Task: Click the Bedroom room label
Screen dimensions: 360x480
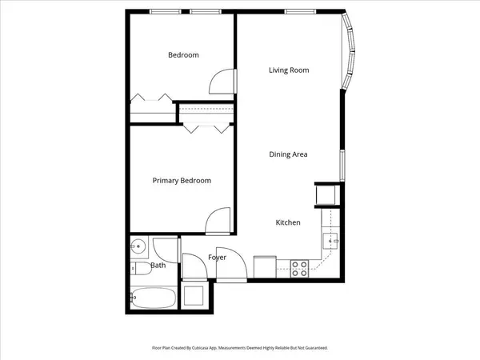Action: coord(183,55)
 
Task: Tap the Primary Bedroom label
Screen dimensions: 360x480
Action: coord(182,181)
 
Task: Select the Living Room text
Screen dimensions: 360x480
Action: coord(288,70)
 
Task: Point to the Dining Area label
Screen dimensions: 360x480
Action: coord(288,154)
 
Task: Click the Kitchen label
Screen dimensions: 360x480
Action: coord(288,222)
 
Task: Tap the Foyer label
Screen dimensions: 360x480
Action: coord(217,258)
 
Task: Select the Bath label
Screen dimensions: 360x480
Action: coord(158,266)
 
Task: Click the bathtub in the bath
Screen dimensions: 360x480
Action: coord(153,298)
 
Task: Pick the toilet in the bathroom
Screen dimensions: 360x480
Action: coord(137,269)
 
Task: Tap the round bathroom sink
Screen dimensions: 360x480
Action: coord(138,246)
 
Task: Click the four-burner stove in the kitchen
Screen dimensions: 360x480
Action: coord(300,269)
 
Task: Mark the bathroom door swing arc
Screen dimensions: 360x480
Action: coord(166,249)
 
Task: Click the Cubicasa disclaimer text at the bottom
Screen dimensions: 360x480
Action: coord(240,348)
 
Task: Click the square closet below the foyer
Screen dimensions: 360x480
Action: coord(196,295)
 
